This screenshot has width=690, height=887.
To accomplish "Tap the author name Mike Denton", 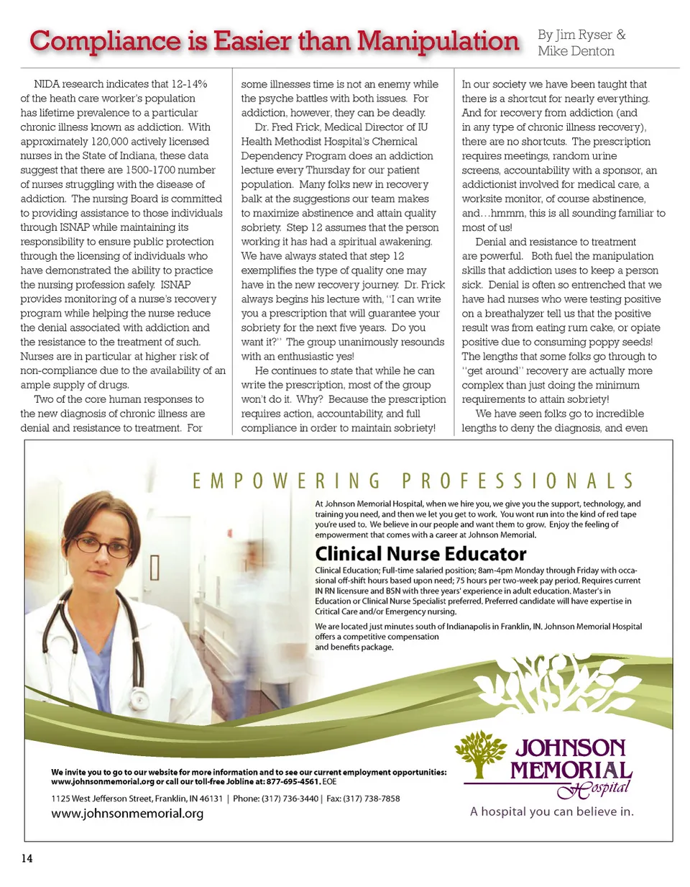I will (x=576, y=51).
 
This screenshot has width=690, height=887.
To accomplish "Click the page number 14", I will (x=27, y=858).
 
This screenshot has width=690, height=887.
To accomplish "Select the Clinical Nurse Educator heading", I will (x=420, y=554).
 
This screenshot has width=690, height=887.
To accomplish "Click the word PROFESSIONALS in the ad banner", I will (x=517, y=481).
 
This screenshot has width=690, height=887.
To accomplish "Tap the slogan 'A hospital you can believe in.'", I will (x=552, y=811).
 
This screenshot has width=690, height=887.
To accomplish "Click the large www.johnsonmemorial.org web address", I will (x=127, y=814).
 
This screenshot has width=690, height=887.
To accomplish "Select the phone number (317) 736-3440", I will (x=290, y=799).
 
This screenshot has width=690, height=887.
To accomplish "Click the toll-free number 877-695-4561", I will (x=293, y=781).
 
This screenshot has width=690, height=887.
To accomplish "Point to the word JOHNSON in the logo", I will (x=571, y=748).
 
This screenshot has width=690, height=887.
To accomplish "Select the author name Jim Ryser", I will (x=584, y=35).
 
